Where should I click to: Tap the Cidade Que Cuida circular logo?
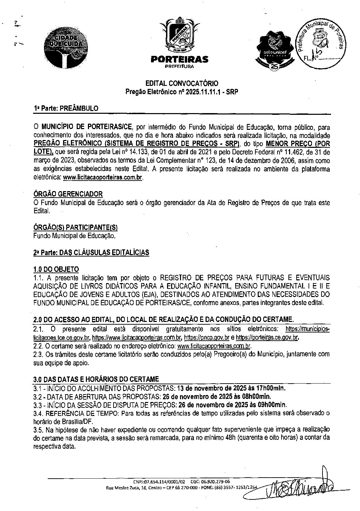click(67, 49)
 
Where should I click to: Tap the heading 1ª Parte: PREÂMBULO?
click(66, 108)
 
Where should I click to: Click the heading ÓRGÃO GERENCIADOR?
click(68, 194)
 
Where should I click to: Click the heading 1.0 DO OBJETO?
click(56, 269)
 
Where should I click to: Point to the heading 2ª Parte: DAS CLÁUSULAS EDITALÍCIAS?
click(91, 252)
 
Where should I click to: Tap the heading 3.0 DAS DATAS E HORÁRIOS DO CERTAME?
click(96, 379)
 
